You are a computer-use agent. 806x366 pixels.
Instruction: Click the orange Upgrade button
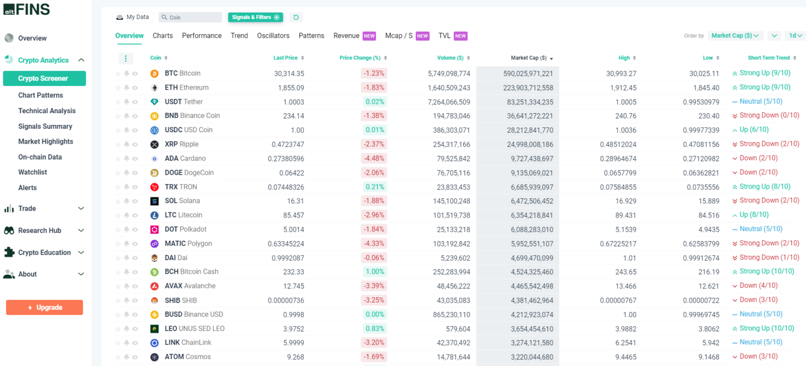pyautogui.click(x=45, y=307)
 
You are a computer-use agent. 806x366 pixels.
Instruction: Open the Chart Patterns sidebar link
pyautogui.click(x=40, y=95)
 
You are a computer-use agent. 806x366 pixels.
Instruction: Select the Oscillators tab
pyautogui.click(x=273, y=36)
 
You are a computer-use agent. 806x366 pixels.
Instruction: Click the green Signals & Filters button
pyautogui.click(x=255, y=17)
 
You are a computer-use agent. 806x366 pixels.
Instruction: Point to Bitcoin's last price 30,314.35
pyautogui.click(x=289, y=73)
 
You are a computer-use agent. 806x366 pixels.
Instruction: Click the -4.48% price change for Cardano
pyautogui.click(x=374, y=158)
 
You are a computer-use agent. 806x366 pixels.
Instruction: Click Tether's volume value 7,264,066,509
pyautogui.click(x=449, y=102)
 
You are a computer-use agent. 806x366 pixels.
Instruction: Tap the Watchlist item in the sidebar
pyautogui.click(x=33, y=172)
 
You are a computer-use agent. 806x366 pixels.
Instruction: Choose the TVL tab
pyautogui.click(x=444, y=36)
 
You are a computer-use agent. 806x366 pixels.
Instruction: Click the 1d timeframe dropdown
pyautogui.click(x=795, y=36)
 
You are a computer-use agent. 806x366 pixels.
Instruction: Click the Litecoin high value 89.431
pyautogui.click(x=624, y=215)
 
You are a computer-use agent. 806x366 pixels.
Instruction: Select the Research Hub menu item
pyautogui.click(x=39, y=231)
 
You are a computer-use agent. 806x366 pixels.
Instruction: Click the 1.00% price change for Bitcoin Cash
pyautogui.click(x=375, y=272)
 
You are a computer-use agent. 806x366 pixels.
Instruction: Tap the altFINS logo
pyautogui.click(x=27, y=9)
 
